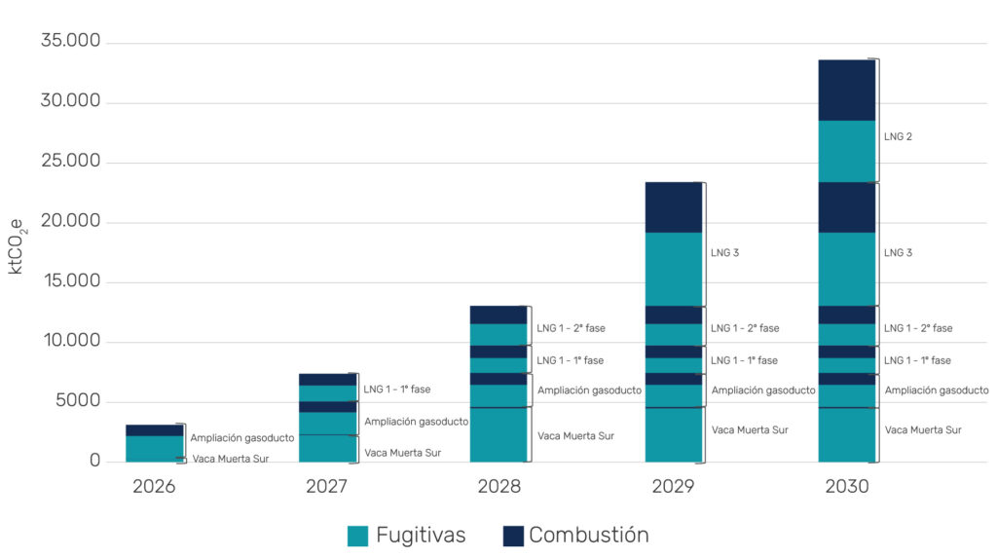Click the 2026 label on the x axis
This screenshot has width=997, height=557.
pyautogui.click(x=154, y=486)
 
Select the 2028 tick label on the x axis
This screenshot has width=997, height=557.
pyautogui.click(x=498, y=486)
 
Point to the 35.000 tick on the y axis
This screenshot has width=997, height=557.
pyautogui.click(x=71, y=43)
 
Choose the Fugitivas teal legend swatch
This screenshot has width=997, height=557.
pyautogui.click(x=357, y=536)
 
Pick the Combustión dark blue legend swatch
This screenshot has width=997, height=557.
pyautogui.click(x=513, y=536)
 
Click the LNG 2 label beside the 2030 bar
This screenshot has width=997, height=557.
pyautogui.click(x=898, y=137)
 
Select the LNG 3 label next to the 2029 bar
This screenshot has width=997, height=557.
pyautogui.click(x=724, y=253)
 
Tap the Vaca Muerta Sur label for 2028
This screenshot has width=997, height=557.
pyautogui.click(x=575, y=435)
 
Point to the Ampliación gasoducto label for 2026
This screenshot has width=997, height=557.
pyautogui.click(x=241, y=438)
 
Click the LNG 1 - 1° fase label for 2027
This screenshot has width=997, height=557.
pyautogui.click(x=396, y=390)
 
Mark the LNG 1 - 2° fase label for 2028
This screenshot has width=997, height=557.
pyautogui.click(x=574, y=328)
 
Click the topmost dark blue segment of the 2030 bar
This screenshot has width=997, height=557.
pyautogui.click(x=846, y=90)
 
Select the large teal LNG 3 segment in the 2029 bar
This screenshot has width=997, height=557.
pyautogui.click(x=673, y=269)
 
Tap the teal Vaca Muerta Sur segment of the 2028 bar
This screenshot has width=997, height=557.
pyautogui.click(x=498, y=434)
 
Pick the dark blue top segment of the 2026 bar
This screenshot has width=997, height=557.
pyautogui.click(x=154, y=429)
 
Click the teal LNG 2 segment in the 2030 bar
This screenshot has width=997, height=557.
pyautogui.click(x=846, y=151)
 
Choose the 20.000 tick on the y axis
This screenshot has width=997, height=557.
pyautogui.click(x=71, y=222)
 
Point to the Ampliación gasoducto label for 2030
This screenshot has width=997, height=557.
pyautogui.click(x=936, y=390)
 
